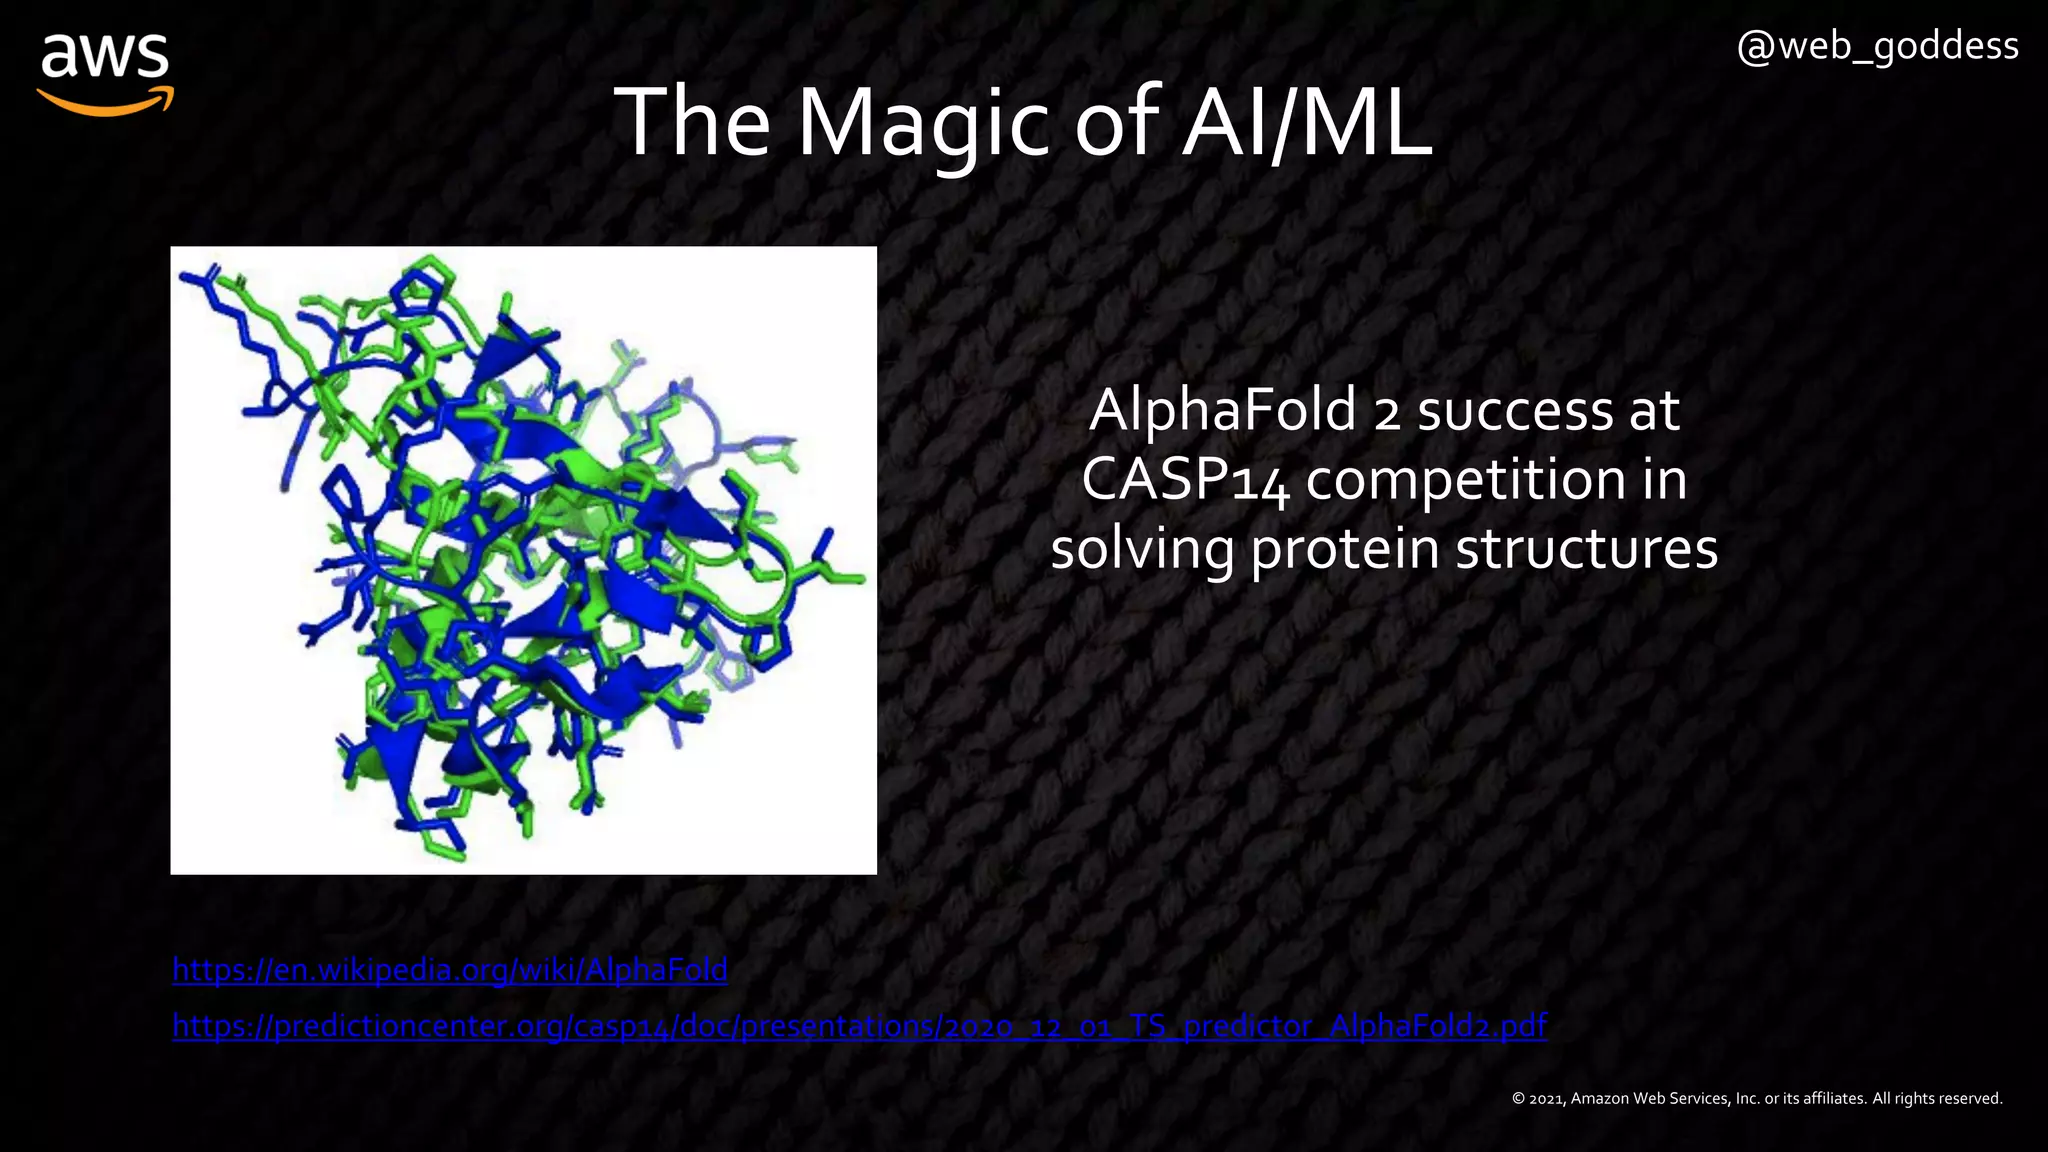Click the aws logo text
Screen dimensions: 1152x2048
(x=105, y=57)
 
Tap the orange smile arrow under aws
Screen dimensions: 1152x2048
(x=106, y=101)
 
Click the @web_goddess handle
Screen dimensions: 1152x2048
(x=1877, y=46)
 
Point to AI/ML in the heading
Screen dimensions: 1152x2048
(x=1306, y=124)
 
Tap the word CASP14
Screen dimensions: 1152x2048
(x=1184, y=480)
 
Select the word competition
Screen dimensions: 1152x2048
(x=1466, y=480)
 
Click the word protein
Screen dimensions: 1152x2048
(x=1345, y=549)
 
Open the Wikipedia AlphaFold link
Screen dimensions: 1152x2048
(x=449, y=969)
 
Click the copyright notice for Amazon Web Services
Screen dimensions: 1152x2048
(x=1756, y=1098)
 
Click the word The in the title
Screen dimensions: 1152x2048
(x=691, y=124)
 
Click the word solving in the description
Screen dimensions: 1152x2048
(x=1141, y=549)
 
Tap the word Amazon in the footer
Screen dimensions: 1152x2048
(x=1600, y=1098)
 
